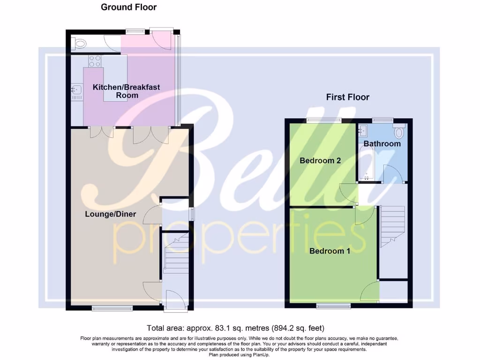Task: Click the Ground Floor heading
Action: (129, 7)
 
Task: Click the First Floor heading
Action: (347, 97)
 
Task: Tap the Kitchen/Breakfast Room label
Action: (127, 91)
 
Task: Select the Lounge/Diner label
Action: (111, 214)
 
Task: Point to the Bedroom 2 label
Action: (320, 160)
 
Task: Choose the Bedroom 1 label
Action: (330, 251)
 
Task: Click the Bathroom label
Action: (382, 143)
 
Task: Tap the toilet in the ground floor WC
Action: (79, 44)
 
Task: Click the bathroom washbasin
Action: (364, 129)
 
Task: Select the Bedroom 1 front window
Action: (333, 306)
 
